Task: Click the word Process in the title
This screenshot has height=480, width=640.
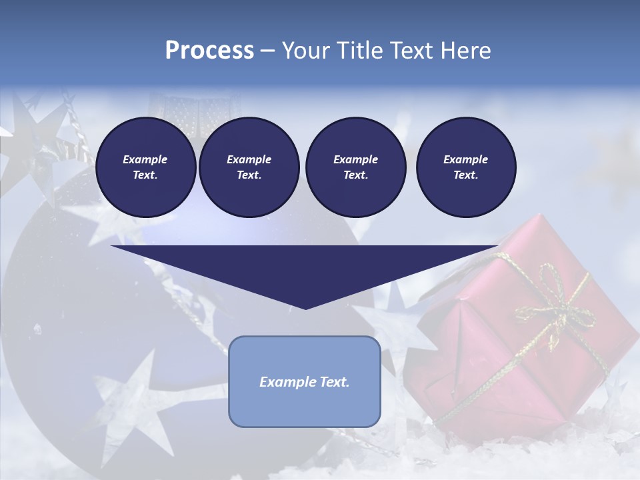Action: click(209, 51)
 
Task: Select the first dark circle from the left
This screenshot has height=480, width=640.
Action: click(145, 167)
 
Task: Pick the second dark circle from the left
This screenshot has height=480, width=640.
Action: click(249, 167)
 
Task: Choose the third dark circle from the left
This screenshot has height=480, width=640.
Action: click(355, 167)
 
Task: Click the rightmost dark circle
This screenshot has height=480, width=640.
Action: click(466, 167)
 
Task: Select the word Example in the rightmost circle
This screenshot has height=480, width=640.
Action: click(466, 159)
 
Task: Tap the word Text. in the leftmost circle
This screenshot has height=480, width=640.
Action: click(145, 175)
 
